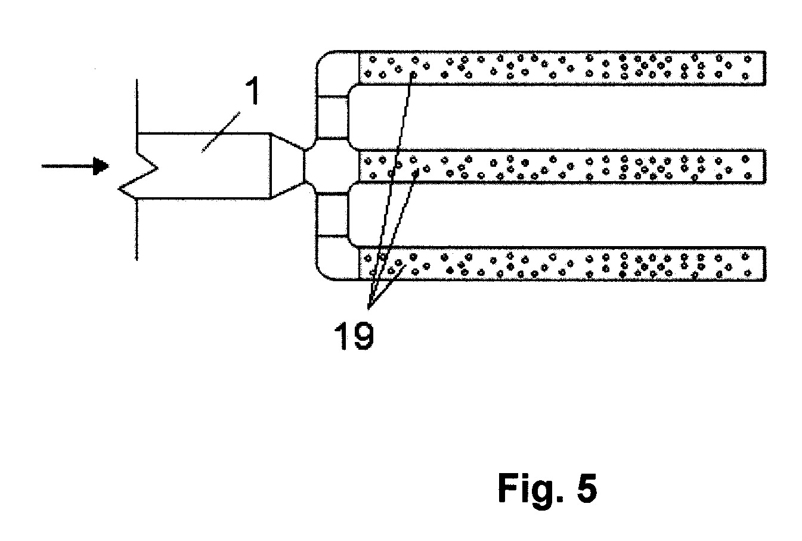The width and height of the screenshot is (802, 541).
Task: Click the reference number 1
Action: click(253, 91)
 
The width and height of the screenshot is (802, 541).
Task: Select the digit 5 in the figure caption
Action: click(587, 488)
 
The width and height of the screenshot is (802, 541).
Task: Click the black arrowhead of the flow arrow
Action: click(101, 166)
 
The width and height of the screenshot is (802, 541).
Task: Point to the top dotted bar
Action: click(562, 68)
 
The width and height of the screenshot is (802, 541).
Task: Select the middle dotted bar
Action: click(562, 167)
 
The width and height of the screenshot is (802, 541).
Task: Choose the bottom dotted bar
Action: click(562, 264)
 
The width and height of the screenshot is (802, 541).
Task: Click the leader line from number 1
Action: click(221, 132)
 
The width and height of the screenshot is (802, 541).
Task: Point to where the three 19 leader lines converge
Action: click(369, 307)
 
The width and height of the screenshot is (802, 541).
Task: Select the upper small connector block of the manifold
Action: click(333, 117)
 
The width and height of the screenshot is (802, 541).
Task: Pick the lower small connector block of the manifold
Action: click(333, 215)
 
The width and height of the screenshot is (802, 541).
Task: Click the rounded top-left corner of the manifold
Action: click(322, 57)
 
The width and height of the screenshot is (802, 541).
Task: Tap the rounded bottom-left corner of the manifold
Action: click(322, 274)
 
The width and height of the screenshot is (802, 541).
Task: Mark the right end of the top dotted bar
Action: click(765, 68)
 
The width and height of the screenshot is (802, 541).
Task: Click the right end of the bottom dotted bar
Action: click(765, 264)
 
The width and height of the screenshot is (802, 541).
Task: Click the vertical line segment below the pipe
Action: click(137, 230)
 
